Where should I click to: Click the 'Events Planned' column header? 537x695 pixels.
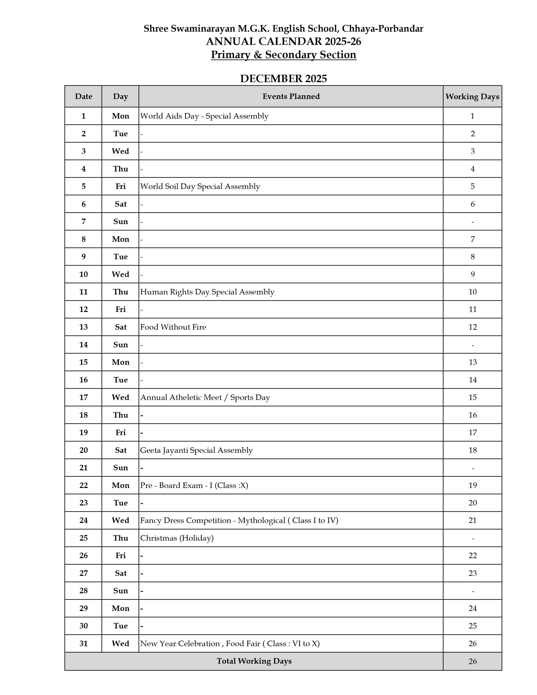pyautogui.click(x=291, y=96)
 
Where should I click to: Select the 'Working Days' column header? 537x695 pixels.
pyautogui.click(x=472, y=96)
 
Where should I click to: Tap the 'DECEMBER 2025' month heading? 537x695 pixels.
pyautogui.click(x=283, y=79)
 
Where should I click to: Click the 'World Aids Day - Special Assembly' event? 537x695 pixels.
pyautogui.click(x=204, y=116)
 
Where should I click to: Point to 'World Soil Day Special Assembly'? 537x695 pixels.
pyautogui.click(x=200, y=186)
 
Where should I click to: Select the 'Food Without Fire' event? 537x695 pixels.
pyautogui.click(x=173, y=327)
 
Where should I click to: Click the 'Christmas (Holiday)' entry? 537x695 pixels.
pyautogui.click(x=177, y=538)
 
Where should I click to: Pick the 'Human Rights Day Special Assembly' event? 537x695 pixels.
pyautogui.click(x=207, y=292)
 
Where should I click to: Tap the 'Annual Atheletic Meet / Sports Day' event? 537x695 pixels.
pyautogui.click(x=205, y=397)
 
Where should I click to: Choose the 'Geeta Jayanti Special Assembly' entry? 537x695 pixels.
pyautogui.click(x=196, y=450)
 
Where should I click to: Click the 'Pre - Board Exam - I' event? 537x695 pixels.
pyautogui.click(x=194, y=485)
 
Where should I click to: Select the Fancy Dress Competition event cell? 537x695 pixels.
pyautogui.click(x=239, y=520)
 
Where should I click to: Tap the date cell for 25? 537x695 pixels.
pyautogui.click(x=83, y=538)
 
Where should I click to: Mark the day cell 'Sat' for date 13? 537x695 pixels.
pyautogui.click(x=121, y=327)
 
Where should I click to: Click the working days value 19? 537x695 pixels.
pyautogui.click(x=472, y=485)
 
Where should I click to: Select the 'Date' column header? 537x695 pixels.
pyautogui.click(x=84, y=96)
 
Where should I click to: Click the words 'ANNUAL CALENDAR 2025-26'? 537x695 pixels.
pyautogui.click(x=283, y=42)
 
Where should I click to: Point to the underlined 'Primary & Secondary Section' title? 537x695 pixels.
pyautogui.click(x=283, y=55)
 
